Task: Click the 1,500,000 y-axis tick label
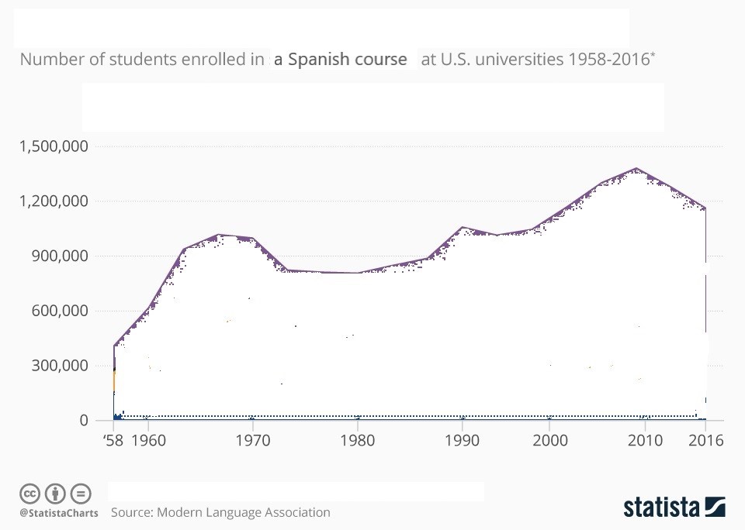pyautogui.click(x=54, y=146)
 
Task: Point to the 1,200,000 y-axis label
pyautogui.click(x=54, y=201)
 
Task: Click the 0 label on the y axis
pyautogui.click(x=83, y=421)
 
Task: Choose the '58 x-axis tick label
pyautogui.click(x=114, y=440)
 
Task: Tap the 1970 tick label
pyautogui.click(x=252, y=440)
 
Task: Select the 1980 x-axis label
pyautogui.click(x=357, y=440)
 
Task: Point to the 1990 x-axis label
pyautogui.click(x=463, y=440)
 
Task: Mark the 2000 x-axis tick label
pyautogui.click(x=550, y=440)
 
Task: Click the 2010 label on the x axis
pyautogui.click(x=644, y=440)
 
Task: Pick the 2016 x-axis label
pyautogui.click(x=705, y=440)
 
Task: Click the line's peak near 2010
pyautogui.click(x=636, y=168)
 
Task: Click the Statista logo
pyautogui.click(x=674, y=508)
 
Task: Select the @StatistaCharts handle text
pyautogui.click(x=59, y=513)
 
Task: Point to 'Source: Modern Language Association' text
pyautogui.click(x=220, y=512)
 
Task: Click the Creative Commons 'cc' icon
pyautogui.click(x=29, y=493)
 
